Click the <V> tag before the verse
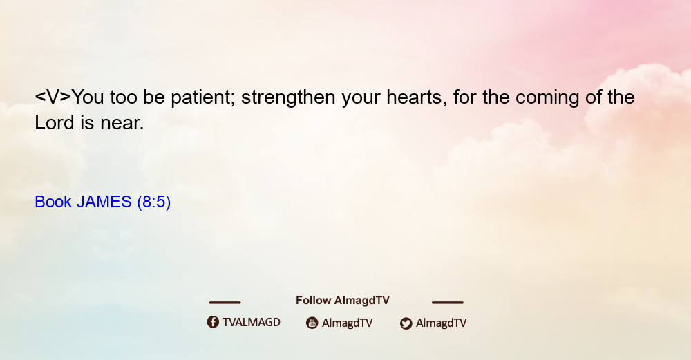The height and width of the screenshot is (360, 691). point(53,97)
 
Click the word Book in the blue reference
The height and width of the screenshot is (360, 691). point(53,202)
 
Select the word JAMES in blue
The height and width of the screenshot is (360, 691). point(104,202)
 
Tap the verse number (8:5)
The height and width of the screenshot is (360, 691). point(154,202)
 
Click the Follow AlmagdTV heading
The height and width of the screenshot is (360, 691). point(343,300)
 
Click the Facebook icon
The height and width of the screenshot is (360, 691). point(213,322)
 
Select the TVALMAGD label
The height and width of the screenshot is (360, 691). point(252,322)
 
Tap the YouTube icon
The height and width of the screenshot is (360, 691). point(312,323)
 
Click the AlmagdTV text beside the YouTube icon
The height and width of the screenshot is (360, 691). point(348,323)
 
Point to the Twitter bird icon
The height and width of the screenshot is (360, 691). point(406,323)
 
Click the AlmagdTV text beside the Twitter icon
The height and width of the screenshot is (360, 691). point(441,323)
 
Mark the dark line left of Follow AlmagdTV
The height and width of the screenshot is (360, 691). point(225,302)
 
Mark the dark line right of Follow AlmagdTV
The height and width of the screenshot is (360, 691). point(448,302)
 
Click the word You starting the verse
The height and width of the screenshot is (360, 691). point(88,97)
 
